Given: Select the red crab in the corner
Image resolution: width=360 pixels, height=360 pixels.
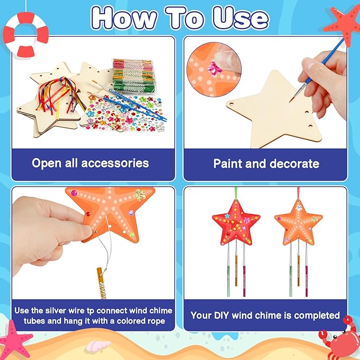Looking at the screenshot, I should [x=339, y=338].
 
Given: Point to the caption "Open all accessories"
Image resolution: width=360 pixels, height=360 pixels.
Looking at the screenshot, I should [x=90, y=163].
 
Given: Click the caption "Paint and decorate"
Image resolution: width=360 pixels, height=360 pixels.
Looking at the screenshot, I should [x=266, y=163].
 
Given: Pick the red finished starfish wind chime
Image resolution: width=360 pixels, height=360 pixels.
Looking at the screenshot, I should [x=236, y=223].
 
